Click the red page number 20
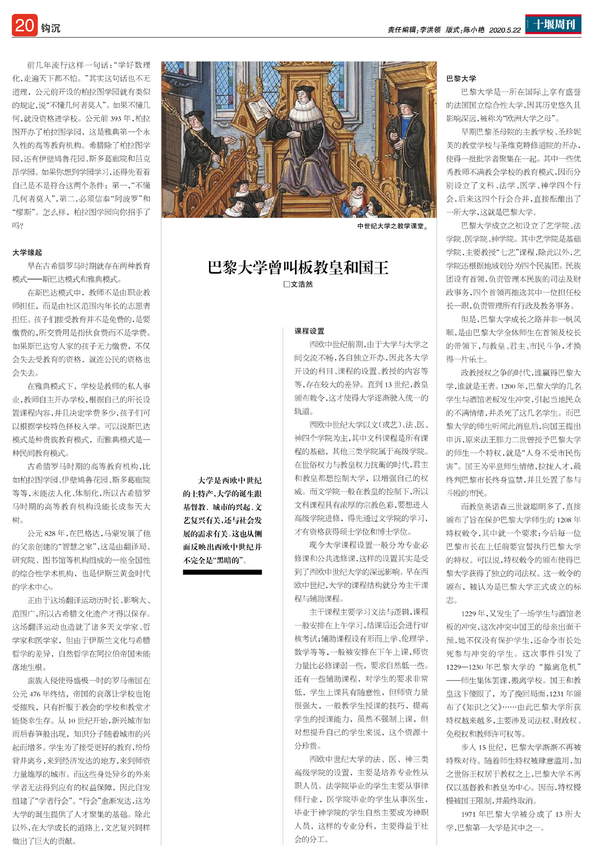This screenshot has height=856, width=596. (24, 26)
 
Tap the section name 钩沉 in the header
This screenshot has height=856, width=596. (51, 28)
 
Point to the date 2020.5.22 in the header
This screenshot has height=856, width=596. (505, 30)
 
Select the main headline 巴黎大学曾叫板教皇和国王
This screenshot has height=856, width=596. (298, 267)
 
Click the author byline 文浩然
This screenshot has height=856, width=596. (302, 285)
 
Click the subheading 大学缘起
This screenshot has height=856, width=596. (27, 252)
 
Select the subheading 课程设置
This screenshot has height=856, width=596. (309, 331)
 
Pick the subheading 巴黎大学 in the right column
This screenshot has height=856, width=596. (461, 78)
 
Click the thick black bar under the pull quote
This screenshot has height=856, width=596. (222, 572)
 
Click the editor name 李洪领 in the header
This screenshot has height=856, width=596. (430, 30)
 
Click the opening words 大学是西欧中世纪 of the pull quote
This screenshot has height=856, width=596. (229, 480)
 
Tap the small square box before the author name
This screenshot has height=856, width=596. (287, 285)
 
